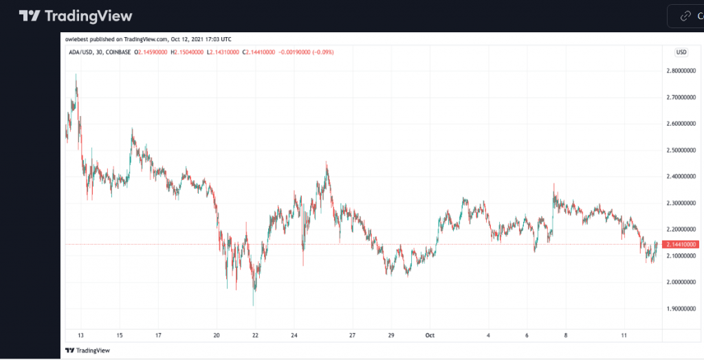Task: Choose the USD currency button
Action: (681, 52)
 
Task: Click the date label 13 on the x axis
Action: (81, 335)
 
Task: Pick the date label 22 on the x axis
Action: (255, 335)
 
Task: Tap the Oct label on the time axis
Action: (430, 335)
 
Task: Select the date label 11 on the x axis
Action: (624, 335)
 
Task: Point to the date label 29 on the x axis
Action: (391, 335)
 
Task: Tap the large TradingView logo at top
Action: (76, 16)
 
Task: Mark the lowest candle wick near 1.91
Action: (254, 305)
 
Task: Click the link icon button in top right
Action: (685, 16)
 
